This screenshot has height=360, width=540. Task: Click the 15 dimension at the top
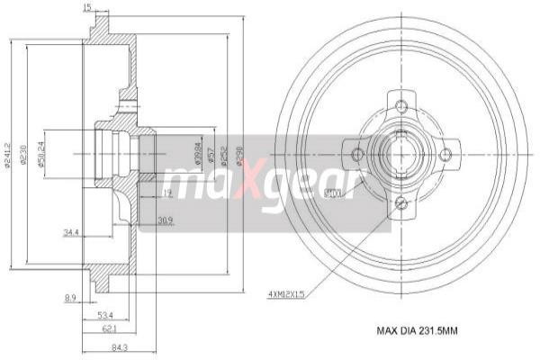pos(86,9)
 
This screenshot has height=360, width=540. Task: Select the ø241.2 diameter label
pos(7,154)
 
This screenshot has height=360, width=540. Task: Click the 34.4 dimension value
pos(72,233)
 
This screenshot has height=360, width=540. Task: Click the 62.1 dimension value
pos(112,329)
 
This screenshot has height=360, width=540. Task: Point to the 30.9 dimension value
pos(165,220)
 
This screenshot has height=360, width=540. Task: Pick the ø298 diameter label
pos(238,154)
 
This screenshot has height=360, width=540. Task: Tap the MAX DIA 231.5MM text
pos(416,331)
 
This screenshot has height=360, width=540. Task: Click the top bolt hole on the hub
pos(401,103)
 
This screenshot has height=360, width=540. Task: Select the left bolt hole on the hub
pos(358,154)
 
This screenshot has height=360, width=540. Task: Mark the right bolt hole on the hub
pos(445,154)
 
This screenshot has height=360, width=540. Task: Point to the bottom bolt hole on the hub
pos(401,203)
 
